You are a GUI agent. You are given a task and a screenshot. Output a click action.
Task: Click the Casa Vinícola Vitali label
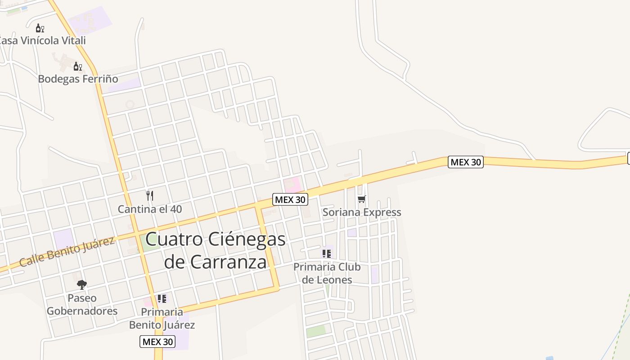pos(43,40)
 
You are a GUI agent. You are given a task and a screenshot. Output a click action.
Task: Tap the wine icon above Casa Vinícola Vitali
pos(40,28)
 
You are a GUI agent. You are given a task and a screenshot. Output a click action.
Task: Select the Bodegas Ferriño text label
pos(78,79)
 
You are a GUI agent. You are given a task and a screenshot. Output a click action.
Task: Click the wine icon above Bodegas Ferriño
pos(78,67)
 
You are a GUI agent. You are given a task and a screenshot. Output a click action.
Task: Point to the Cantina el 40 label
pos(150,209)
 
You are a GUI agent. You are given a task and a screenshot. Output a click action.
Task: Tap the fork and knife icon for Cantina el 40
pos(150,196)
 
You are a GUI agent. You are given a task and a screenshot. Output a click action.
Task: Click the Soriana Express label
pos(362,212)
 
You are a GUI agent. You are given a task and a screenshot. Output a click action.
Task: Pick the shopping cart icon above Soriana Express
pos(362,199)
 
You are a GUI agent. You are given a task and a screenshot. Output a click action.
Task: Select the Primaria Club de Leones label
pos(327,273)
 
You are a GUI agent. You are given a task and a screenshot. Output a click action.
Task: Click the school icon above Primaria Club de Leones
pos(327,254)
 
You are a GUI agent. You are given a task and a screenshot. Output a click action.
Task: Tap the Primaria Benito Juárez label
pos(162,318)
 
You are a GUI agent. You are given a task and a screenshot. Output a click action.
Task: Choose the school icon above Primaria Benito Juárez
pos(162,299)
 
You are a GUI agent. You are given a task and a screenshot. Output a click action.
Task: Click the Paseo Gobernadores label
pos(82,304)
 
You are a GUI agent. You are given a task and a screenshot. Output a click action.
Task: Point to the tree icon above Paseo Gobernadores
pos(81,284)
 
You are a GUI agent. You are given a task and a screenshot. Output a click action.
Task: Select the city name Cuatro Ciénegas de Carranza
pos(216,250)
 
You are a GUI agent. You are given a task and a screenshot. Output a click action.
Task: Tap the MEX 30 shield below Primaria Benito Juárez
pos(157,342)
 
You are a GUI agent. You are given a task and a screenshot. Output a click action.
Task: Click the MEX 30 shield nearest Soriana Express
pos(290,199)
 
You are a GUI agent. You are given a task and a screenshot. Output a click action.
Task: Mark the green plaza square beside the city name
pos(149,242)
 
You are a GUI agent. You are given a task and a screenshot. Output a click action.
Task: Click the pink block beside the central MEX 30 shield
pos(292,184)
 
